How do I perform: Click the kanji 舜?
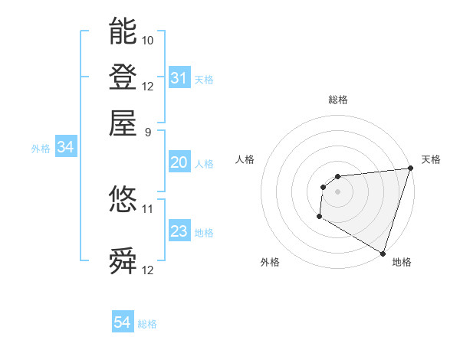click(x=123, y=261)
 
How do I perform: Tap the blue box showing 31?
click(x=179, y=78)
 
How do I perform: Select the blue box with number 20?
click(x=179, y=162)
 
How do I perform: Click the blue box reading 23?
click(x=179, y=231)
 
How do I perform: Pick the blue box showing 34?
click(x=65, y=148)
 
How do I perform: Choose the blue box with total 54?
click(x=123, y=323)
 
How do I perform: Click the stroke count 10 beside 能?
click(x=148, y=40)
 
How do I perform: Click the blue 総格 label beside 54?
click(x=147, y=324)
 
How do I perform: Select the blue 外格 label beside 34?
click(x=41, y=149)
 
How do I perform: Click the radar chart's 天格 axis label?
click(x=431, y=159)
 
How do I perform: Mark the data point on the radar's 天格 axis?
click(x=411, y=169)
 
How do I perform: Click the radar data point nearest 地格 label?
click(x=383, y=254)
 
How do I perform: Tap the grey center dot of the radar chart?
click(x=337, y=191)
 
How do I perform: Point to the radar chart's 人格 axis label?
click(x=245, y=159)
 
